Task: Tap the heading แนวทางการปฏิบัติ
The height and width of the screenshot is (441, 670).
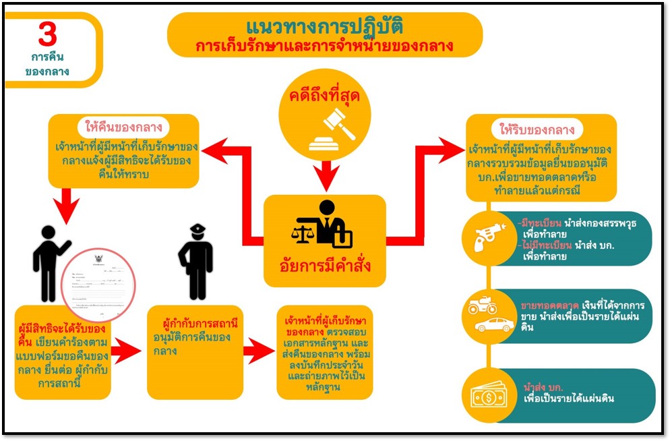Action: (324, 27)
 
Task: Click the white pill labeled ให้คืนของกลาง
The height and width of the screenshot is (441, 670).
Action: (124, 127)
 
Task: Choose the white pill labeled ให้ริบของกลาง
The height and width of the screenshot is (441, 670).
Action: (541, 129)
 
